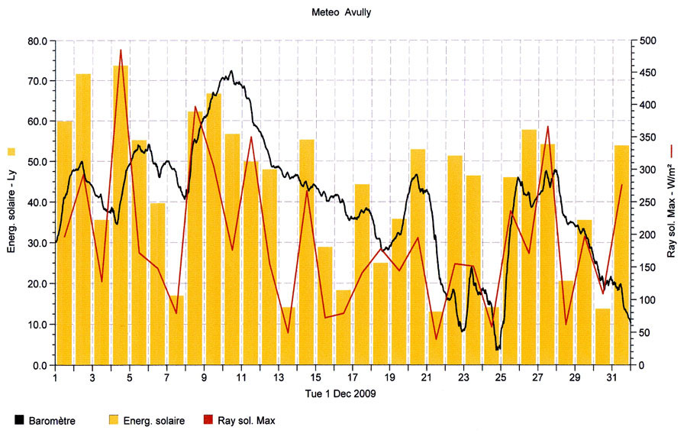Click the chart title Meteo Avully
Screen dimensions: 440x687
[x=343, y=12]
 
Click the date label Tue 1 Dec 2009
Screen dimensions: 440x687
[x=343, y=393]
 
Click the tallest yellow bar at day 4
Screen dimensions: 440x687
[x=121, y=214]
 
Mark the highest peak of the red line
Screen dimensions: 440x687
[x=121, y=50]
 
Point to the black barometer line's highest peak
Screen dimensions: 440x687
[x=231, y=72]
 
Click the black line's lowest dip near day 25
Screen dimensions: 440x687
[x=498, y=349]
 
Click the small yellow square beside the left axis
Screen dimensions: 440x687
[x=11, y=150]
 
